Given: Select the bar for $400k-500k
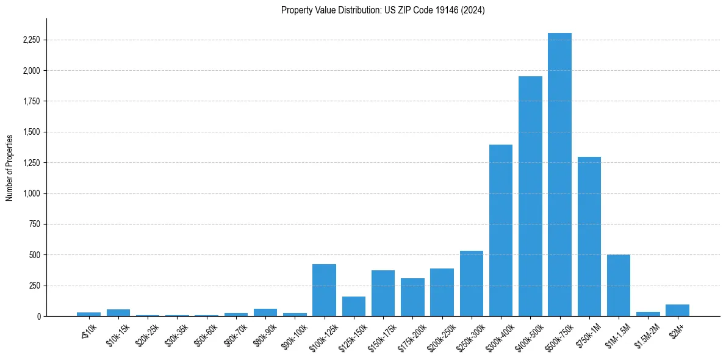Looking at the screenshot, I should click(530, 196).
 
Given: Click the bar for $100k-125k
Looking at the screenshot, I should click(324, 290).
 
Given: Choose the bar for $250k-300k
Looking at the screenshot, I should click(472, 283).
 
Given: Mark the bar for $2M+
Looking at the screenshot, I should click(677, 310).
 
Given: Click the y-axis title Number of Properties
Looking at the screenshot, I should click(10, 167).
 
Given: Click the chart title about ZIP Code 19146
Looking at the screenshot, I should click(383, 10).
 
